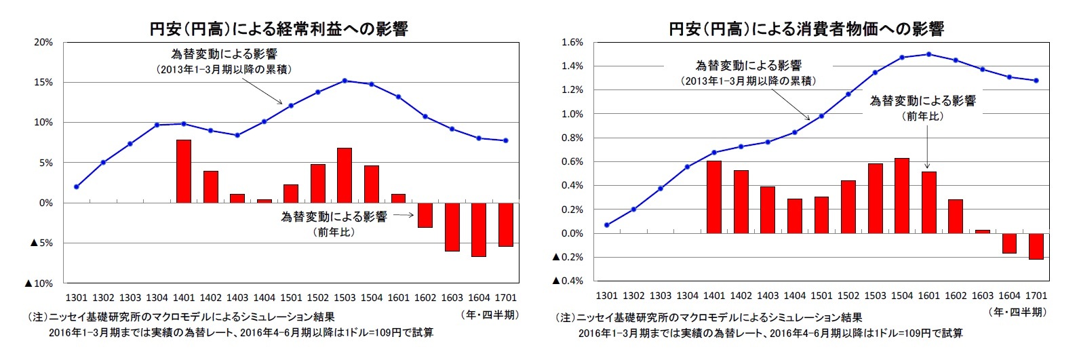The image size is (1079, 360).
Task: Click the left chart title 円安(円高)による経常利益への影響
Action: (279, 29)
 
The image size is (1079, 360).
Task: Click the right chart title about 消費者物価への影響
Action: (806, 29)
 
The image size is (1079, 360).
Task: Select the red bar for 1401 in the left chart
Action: (184, 171)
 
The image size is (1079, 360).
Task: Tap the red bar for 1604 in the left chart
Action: (479, 229)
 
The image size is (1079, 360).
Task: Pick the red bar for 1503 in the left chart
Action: (345, 175)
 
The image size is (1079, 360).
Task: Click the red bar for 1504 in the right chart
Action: (902, 195)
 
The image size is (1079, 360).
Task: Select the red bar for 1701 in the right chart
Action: (1036, 246)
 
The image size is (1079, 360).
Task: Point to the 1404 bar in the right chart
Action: (795, 216)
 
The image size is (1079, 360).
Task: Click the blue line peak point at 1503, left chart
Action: (345, 81)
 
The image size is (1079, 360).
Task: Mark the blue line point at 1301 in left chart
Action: (77, 186)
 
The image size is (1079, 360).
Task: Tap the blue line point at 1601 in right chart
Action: (928, 54)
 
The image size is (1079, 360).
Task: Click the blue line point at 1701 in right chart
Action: (1036, 81)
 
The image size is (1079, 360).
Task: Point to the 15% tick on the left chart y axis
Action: (43, 82)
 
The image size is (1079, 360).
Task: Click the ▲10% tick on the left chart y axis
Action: (39, 283)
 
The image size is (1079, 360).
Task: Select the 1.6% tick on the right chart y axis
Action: (572, 42)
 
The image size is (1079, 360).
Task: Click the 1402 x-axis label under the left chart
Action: (211, 298)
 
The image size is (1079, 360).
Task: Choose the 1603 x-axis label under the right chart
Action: (982, 296)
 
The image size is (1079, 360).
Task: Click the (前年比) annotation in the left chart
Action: (334, 232)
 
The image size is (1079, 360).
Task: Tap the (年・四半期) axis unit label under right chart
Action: (1017, 312)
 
